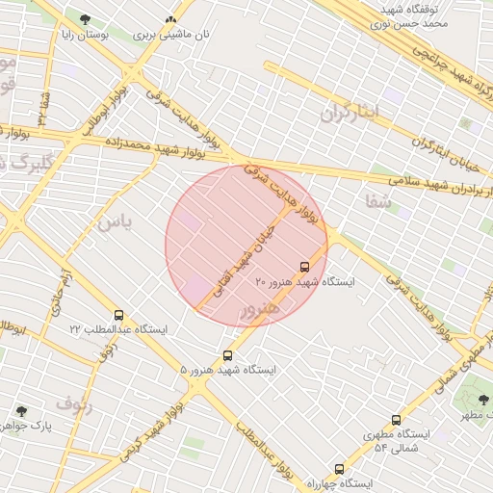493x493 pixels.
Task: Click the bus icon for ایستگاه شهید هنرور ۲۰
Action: pyautogui.click(x=305, y=267)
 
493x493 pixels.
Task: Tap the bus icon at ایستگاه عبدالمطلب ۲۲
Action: pyautogui.click(x=118, y=315)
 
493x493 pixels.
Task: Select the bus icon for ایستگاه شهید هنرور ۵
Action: pyautogui.click(x=228, y=355)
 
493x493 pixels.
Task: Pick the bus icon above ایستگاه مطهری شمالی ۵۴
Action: pyautogui.click(x=396, y=421)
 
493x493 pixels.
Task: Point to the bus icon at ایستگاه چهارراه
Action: pyautogui.click(x=338, y=468)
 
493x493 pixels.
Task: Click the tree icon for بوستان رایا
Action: pyautogui.click(x=86, y=19)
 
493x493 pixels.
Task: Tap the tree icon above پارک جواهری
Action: pyautogui.click(x=19, y=410)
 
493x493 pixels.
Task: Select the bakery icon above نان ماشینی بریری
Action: pyautogui.click(x=171, y=19)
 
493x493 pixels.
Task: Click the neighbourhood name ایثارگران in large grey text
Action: pyautogui.click(x=351, y=112)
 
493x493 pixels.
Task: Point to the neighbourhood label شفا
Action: pyautogui.click(x=378, y=201)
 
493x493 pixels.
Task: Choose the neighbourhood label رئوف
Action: pyautogui.click(x=74, y=402)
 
